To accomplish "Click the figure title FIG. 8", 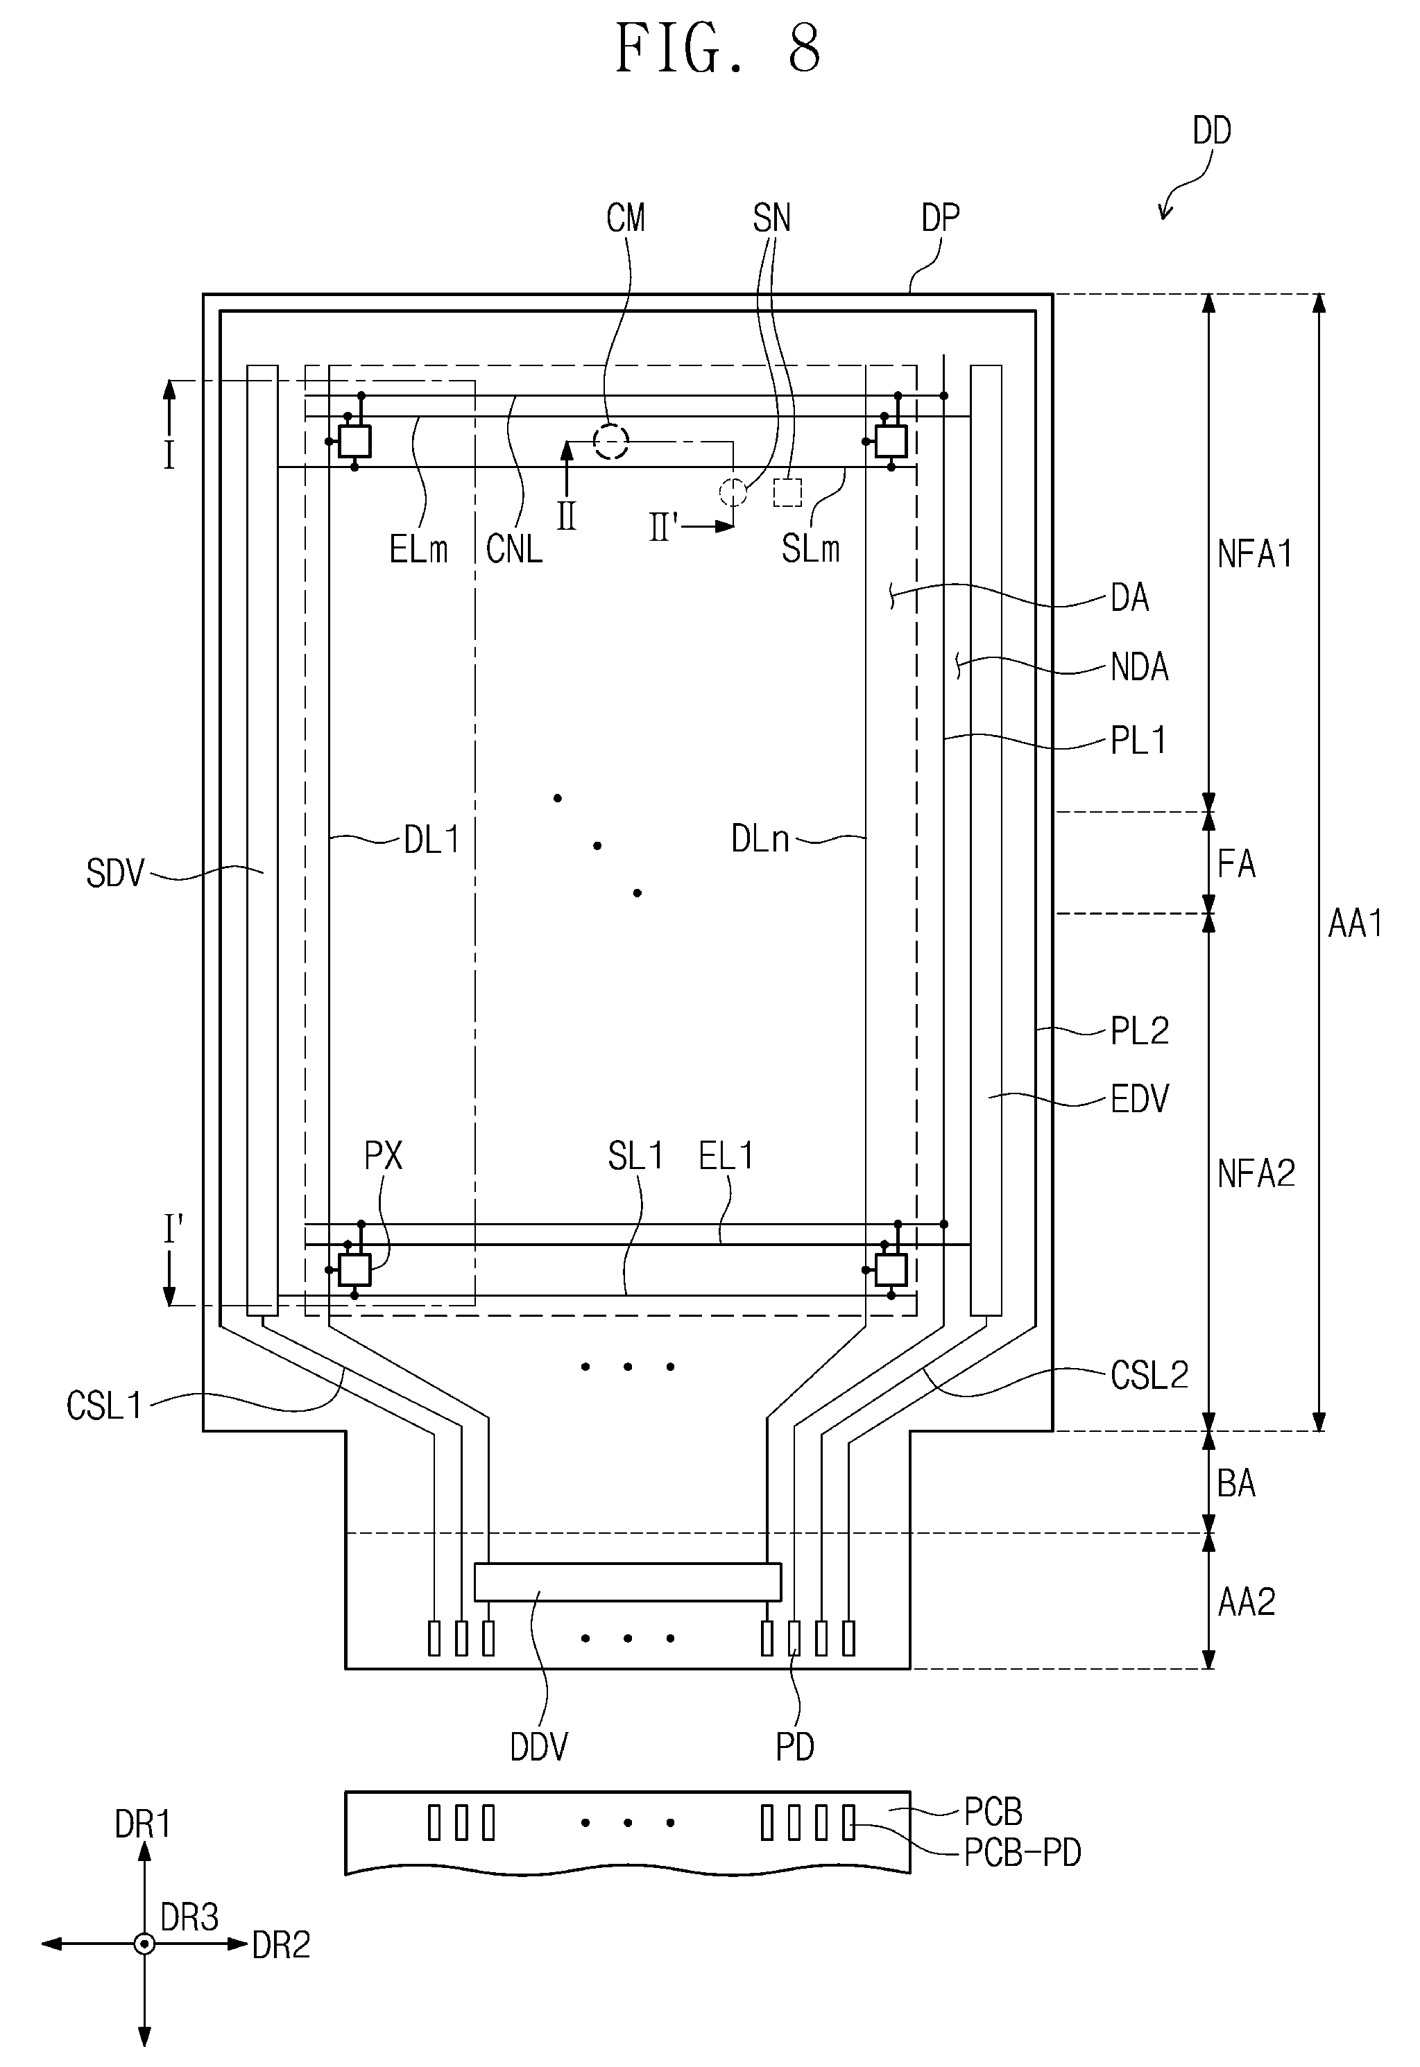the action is click(x=718, y=49).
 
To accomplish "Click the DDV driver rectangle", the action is click(x=627, y=1582).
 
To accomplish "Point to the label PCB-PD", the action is click(x=1023, y=1853).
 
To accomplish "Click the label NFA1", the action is click(x=1254, y=554).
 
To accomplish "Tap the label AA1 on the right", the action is click(x=1355, y=924).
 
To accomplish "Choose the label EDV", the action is click(x=1140, y=1099).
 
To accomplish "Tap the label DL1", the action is click(x=431, y=839).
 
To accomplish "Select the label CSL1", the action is click(x=104, y=1406).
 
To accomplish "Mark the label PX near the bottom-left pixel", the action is click(x=384, y=1157).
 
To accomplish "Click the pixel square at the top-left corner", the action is click(x=354, y=441).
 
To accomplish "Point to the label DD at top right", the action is click(x=1212, y=132).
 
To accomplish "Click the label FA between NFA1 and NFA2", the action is click(x=1236, y=864).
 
